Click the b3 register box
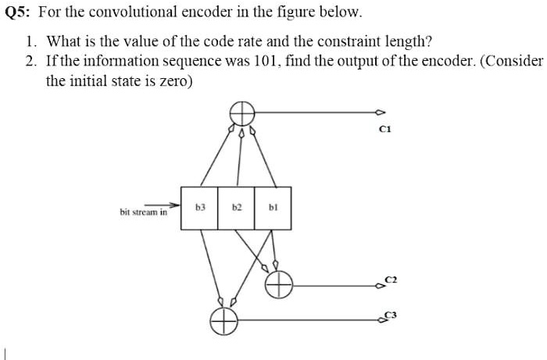point(199,208)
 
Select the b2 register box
point(236,208)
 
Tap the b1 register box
point(273,208)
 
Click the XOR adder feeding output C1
point(242,113)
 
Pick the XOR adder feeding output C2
point(279,284)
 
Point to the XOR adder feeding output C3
point(224,321)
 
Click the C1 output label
point(385,130)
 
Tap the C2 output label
point(391,280)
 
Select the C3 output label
point(391,315)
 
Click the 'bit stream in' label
point(143,212)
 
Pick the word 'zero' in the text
point(175,81)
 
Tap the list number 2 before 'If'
point(30,62)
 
